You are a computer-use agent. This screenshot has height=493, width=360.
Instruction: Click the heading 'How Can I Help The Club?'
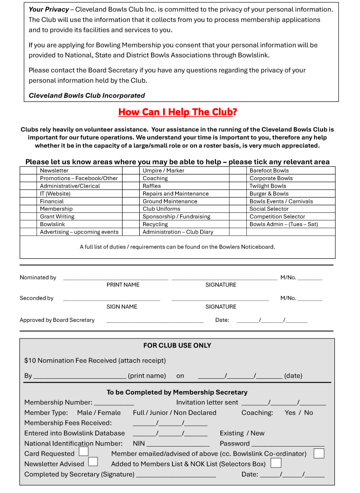(177, 112)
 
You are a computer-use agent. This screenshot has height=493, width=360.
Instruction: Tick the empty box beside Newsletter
(28, 171)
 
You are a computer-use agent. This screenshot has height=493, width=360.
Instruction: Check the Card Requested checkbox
(83, 452)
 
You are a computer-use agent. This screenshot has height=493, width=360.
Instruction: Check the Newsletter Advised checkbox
(93, 462)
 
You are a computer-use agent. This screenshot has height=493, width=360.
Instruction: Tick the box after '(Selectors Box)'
(276, 463)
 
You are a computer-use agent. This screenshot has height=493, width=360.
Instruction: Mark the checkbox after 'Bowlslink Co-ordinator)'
(319, 453)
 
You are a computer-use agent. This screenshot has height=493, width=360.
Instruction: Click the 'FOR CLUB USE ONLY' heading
(177, 346)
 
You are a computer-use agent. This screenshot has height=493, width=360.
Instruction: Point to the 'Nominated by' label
(38, 278)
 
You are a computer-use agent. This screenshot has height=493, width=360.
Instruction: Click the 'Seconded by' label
(36, 299)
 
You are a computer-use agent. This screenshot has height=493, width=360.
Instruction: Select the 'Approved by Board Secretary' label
(57, 320)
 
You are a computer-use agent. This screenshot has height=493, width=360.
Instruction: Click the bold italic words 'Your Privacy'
(49, 9)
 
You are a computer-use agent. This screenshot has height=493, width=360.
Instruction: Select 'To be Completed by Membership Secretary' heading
(177, 393)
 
